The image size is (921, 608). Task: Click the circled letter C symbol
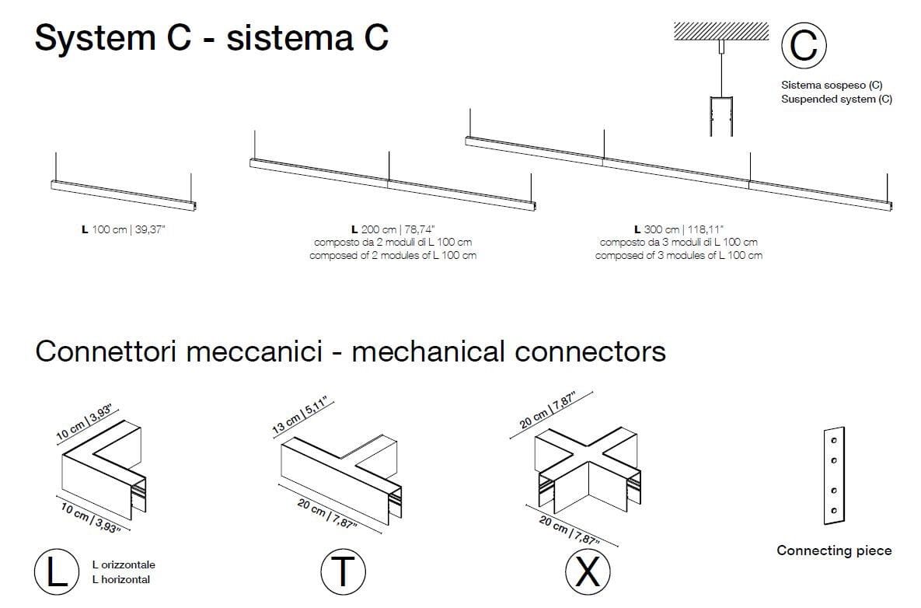tap(804, 44)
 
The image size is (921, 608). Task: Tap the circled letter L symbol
tap(56, 571)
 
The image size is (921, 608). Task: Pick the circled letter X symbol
tap(588, 571)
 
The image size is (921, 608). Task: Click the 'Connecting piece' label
tap(834, 550)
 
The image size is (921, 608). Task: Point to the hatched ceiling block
tap(720, 31)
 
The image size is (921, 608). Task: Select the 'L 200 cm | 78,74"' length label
tap(392, 229)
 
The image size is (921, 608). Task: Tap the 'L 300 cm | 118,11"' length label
tap(679, 229)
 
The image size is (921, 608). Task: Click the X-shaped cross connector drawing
tap(588, 466)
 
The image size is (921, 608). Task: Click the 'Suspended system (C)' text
tap(836, 100)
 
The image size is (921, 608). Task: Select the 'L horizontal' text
tap(120, 579)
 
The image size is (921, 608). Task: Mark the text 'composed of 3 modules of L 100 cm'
tap(679, 255)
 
